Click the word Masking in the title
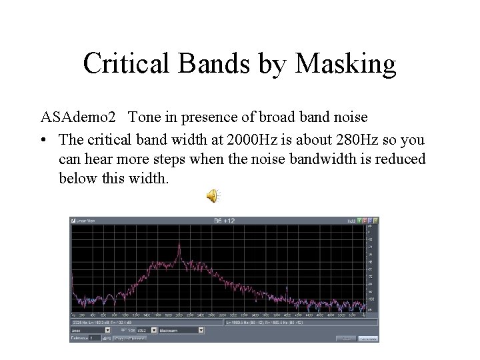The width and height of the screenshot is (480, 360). point(345,64)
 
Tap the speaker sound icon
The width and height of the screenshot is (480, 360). point(211,195)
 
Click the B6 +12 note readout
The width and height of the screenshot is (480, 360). point(224,221)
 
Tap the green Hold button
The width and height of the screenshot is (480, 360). point(359,221)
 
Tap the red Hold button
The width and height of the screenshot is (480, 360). point(365,221)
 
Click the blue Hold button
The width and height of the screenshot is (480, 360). point(370,221)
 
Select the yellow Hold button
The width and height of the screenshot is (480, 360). point(375,221)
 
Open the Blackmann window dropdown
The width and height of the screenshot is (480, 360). point(201,330)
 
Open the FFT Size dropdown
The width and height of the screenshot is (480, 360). point(153,330)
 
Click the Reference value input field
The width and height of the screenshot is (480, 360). point(95,338)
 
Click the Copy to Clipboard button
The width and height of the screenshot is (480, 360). point(130,339)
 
